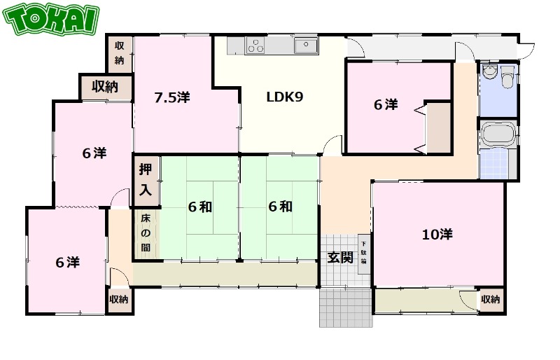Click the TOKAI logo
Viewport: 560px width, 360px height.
click(x=50, y=20)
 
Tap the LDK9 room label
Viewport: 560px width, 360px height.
click(x=285, y=97)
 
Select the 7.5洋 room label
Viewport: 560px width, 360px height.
click(x=171, y=97)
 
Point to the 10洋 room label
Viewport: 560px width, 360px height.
click(x=437, y=235)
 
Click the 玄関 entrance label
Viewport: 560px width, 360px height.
click(x=340, y=257)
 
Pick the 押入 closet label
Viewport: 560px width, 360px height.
click(x=146, y=180)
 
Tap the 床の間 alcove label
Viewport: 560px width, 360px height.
click(x=146, y=233)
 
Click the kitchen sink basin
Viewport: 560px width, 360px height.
click(x=306, y=46)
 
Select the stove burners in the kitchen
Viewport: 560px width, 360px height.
click(x=255, y=46)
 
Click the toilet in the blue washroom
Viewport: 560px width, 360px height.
click(x=506, y=76)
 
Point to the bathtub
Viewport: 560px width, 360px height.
click(x=498, y=134)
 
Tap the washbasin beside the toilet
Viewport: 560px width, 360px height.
click(x=489, y=72)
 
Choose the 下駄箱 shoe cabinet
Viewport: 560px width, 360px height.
click(x=363, y=254)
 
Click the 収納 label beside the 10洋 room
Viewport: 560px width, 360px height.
click(x=491, y=299)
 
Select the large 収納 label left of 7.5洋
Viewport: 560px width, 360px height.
click(x=105, y=87)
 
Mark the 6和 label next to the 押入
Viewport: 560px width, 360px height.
click(x=200, y=207)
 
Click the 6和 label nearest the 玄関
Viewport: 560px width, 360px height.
click(x=281, y=207)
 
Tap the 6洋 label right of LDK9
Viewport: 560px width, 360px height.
click(x=386, y=105)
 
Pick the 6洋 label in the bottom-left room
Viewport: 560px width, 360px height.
click(x=68, y=263)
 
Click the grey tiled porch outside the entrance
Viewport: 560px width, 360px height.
click(x=346, y=307)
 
